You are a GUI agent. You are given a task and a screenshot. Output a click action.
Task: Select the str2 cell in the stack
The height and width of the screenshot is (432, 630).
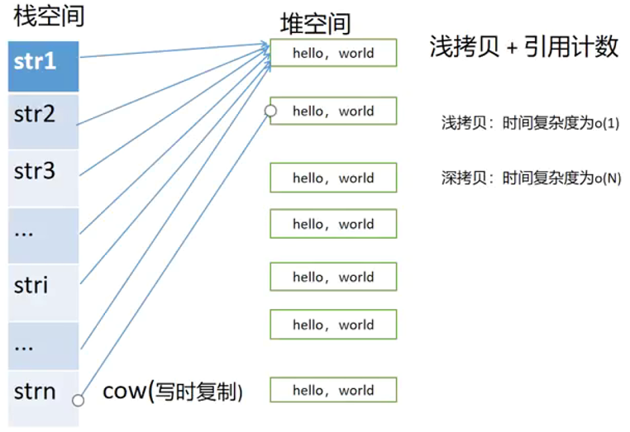43,121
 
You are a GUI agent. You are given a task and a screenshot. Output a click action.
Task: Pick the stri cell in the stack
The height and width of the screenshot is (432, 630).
43,287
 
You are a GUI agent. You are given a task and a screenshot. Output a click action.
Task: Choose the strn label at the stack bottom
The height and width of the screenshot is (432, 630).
36,391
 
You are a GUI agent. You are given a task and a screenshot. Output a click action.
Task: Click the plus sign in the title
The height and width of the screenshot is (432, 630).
512,49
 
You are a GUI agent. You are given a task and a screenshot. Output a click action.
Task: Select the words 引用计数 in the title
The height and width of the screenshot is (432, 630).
571,47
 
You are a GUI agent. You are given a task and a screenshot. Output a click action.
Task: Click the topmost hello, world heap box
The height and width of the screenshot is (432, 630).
333,53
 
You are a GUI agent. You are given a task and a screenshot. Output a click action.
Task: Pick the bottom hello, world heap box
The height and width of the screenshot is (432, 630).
333,390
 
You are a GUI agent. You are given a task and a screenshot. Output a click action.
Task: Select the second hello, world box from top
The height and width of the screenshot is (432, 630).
333,111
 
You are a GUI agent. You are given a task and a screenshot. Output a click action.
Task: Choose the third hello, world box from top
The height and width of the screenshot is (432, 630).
333,178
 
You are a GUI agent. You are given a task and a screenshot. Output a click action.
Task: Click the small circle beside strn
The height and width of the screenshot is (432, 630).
79,401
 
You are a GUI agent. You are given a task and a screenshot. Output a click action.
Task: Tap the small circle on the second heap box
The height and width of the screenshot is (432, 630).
270,111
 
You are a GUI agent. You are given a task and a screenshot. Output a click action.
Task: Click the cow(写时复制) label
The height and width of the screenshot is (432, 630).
172,391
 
